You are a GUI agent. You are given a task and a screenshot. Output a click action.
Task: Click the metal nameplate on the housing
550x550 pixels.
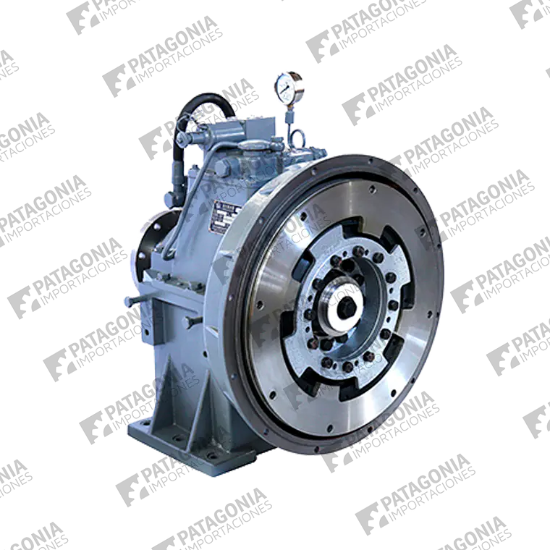point(217,214)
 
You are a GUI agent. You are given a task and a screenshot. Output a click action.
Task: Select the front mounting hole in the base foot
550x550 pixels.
point(210,454)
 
